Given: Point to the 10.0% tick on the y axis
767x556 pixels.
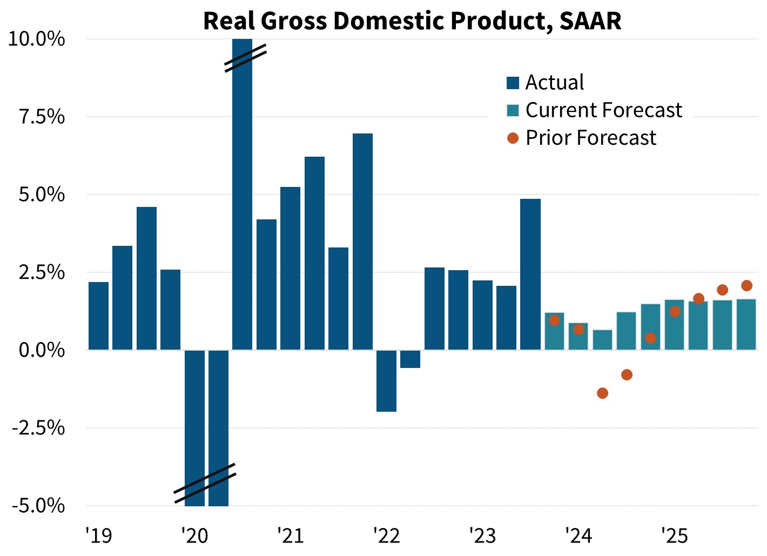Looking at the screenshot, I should pos(37,39).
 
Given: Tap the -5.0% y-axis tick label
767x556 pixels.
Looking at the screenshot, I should pos(37,506).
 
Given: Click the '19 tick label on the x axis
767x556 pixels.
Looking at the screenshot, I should pos(98,535).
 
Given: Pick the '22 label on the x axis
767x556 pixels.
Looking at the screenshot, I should pos(386,535).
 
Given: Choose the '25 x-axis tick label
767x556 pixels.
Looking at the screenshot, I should pos(674,535).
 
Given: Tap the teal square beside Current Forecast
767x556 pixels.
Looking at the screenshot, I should pos(513,110).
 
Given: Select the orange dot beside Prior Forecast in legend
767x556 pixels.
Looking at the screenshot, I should pos(513,138).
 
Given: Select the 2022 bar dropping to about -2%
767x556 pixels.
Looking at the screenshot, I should pos(386,380).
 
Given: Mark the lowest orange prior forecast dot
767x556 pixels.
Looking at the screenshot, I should pos(602,393).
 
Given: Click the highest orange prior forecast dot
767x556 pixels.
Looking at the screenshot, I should pos(746,285).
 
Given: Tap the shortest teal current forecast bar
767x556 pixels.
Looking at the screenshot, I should pos(602,340).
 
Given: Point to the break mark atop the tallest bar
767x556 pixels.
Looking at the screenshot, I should pos(246,58).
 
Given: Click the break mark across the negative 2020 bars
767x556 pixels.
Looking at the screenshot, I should pos(205,483).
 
